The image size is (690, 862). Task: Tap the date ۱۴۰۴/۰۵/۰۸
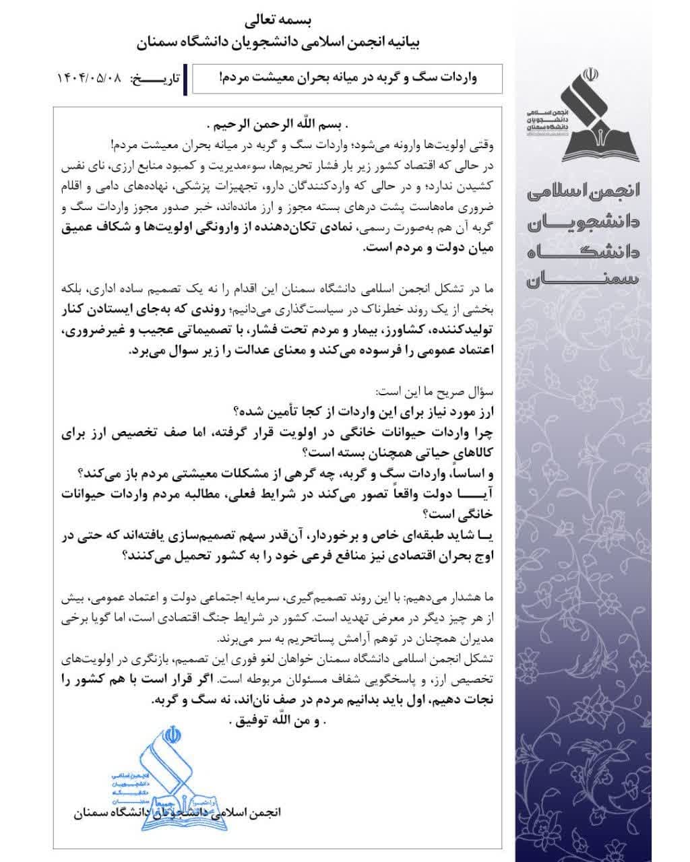coord(90,79)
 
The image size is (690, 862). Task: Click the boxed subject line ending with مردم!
coord(347,78)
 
